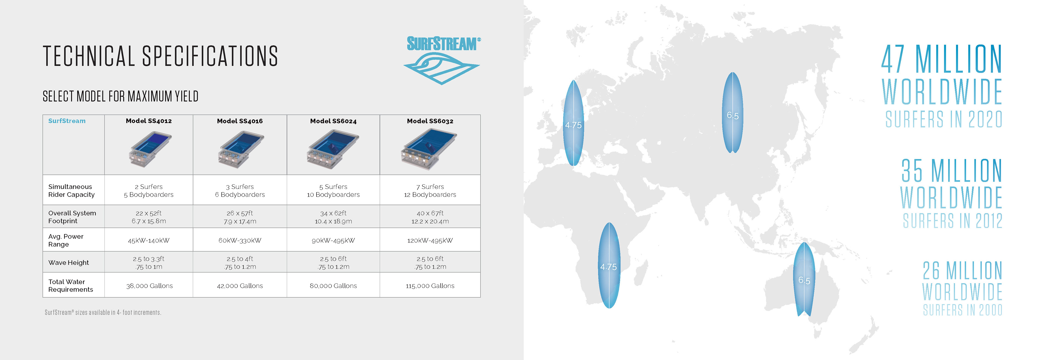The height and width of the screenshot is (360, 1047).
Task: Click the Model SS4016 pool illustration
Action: click(240, 149)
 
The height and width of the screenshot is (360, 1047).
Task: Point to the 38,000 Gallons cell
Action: click(149, 286)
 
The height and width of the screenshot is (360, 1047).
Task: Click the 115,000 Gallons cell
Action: click(430, 286)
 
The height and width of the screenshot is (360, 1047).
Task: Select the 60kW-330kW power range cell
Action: click(240, 240)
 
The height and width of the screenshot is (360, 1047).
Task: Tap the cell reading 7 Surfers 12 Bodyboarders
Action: click(430, 191)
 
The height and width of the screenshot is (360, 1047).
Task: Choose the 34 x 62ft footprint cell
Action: click(333, 217)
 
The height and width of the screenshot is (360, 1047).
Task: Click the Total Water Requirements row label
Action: click(70, 285)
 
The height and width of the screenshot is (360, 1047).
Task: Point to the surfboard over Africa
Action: click(609, 265)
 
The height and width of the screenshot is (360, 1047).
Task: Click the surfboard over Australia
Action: click(804, 279)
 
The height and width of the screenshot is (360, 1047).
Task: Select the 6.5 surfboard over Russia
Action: click(732, 113)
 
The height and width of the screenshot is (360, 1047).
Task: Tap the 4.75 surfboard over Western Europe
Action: click(573, 123)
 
